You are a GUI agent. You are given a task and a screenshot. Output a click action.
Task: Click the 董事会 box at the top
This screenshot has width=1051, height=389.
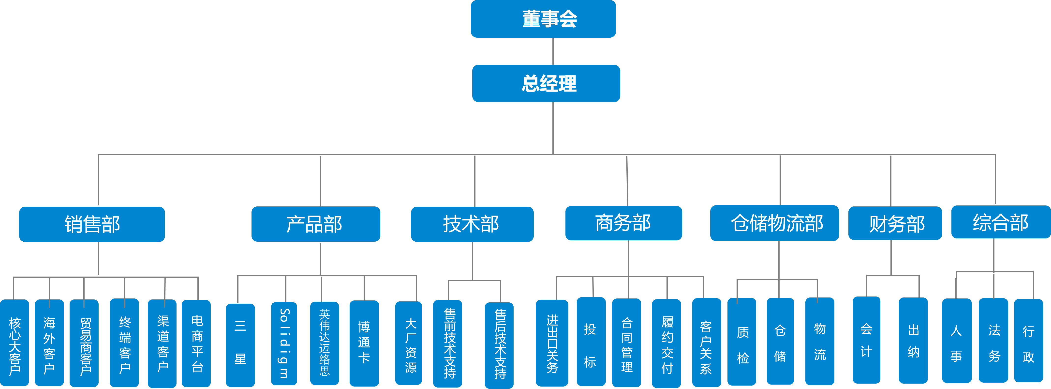543,19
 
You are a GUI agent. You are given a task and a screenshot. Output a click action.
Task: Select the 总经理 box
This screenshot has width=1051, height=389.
546,83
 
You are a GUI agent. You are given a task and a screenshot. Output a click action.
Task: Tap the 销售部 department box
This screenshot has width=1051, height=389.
92,224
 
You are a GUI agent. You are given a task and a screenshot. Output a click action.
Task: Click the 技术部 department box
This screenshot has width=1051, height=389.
472,224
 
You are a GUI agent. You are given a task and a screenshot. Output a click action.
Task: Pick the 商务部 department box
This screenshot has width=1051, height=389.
623,223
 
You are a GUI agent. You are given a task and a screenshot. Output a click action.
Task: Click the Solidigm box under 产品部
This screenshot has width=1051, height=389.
284,343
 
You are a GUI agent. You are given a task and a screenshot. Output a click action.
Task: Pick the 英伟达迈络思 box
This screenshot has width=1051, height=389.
324,343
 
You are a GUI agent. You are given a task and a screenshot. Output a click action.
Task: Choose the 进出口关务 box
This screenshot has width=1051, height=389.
552,343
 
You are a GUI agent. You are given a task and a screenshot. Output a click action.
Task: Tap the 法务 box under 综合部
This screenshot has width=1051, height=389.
993,341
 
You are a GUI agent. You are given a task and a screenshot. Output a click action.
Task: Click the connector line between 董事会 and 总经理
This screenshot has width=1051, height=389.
553,51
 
